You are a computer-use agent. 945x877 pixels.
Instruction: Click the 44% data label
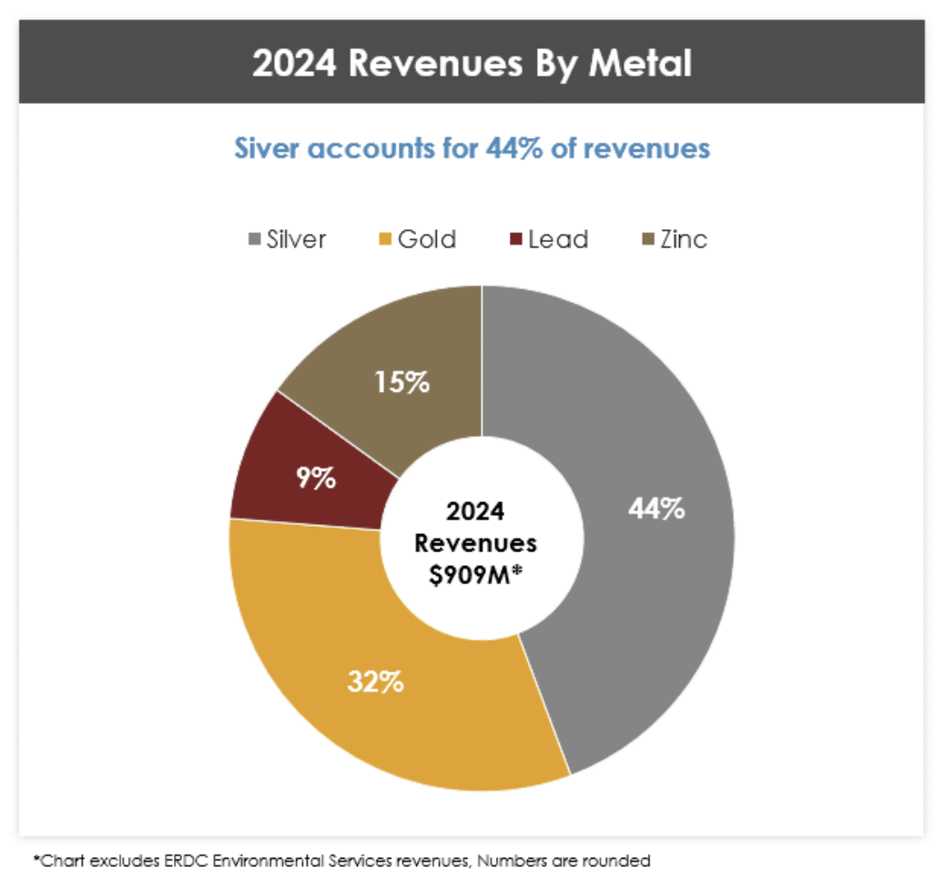click(656, 509)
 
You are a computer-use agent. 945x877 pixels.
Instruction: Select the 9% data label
click(315, 479)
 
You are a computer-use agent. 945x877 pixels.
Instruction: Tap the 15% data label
click(401, 383)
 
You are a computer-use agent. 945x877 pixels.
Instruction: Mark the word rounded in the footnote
click(619, 859)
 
